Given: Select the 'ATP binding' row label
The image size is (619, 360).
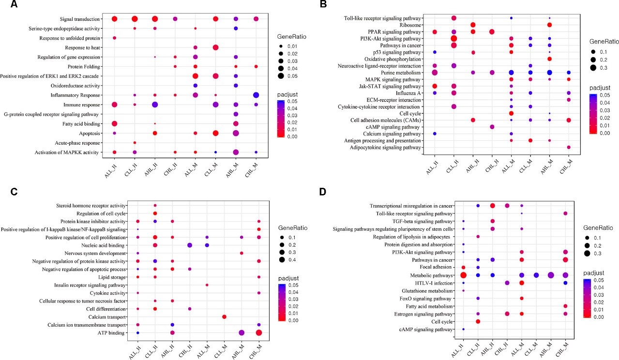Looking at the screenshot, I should [x=120, y=332].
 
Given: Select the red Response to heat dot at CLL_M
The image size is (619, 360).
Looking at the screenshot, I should [x=215, y=47].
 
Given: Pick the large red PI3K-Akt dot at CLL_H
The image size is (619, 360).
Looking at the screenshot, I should [x=453, y=38].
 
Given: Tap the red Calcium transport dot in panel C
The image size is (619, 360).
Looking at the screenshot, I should [x=224, y=316].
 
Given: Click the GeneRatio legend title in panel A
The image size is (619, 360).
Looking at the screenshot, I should [x=292, y=37].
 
